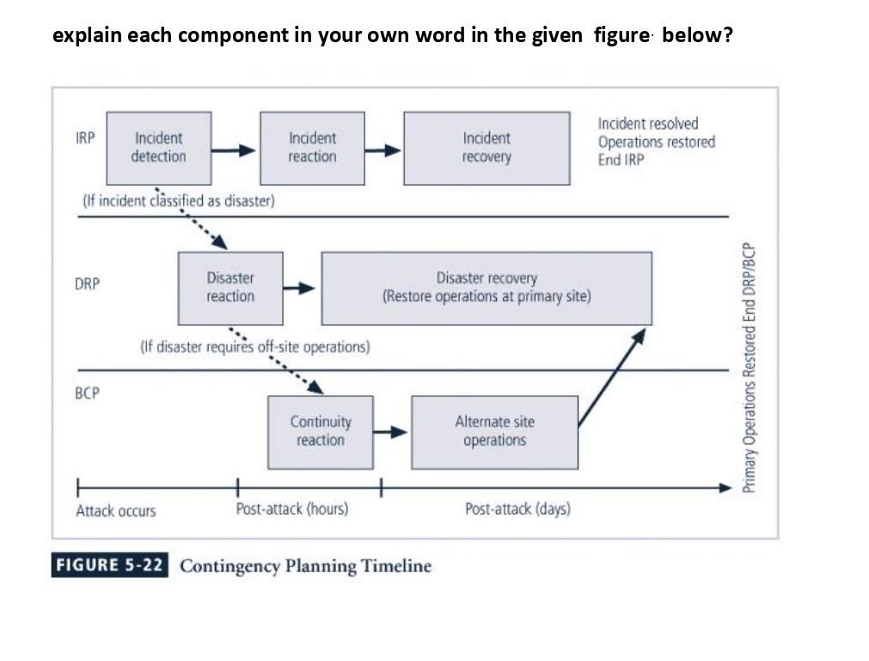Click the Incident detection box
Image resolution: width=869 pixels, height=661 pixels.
tap(159, 148)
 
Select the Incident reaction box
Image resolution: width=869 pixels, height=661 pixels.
tap(312, 148)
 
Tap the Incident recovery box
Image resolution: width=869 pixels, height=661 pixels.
tap(487, 148)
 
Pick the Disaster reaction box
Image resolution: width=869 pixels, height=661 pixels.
tap(230, 287)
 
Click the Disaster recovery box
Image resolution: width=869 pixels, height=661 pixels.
tap(487, 287)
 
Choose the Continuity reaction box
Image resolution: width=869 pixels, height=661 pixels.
tap(321, 431)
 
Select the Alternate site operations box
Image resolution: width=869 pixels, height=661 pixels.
tap(494, 431)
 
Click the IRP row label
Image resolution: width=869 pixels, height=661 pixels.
tap(85, 138)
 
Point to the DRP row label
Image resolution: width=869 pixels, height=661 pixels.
tap(87, 284)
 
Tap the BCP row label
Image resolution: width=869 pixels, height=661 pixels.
tap(87, 393)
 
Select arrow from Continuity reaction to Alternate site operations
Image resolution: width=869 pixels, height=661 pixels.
tap(392, 432)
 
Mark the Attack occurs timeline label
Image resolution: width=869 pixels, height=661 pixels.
tap(116, 511)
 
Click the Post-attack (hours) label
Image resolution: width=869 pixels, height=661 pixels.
tap(292, 509)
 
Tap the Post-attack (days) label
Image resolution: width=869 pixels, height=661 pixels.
tap(517, 509)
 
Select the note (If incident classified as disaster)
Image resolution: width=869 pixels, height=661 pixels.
tap(178, 201)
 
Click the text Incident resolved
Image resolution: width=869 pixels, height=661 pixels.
tap(648, 124)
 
